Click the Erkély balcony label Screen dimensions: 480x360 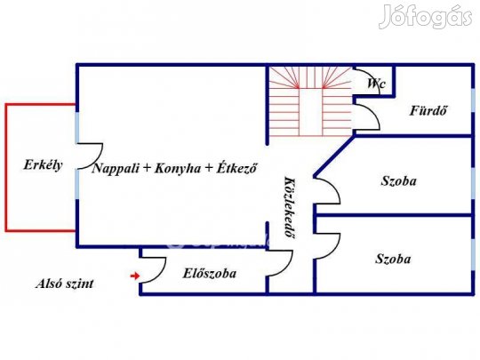coord(43,165)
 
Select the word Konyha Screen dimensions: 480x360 coord(178,169)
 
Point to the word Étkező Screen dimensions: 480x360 coord(236,168)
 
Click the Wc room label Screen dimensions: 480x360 coord(376,84)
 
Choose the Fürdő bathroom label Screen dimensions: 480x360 coord(428,110)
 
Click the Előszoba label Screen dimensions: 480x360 coord(210,274)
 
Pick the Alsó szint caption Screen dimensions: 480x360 coord(65,284)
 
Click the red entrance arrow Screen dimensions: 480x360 coord(135,276)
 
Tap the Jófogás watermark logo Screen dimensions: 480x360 coord(425,17)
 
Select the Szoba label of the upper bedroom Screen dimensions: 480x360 coord(398,181)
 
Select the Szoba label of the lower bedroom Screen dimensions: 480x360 coord(393,259)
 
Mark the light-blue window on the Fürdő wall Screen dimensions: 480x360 coord(473,100)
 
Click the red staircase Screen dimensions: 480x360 coord(310,101)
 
